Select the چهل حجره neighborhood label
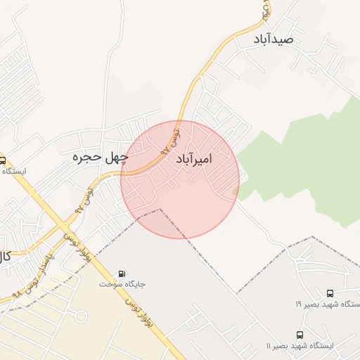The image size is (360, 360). point(101,158)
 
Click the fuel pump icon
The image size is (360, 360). point(123,274)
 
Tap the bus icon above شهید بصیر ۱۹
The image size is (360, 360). point(330,292)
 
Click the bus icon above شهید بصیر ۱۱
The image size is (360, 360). point(300,335)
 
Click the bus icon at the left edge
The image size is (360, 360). point(3,160)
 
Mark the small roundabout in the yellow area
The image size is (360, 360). point(81,316)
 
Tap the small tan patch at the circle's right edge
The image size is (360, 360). point(236,190)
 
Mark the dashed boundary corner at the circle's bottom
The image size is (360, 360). point(160,209)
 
